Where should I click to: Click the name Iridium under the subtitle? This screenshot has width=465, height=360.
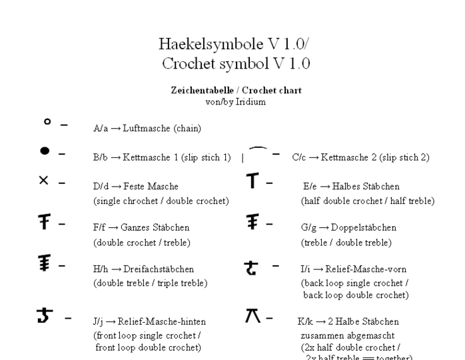tap(249, 102)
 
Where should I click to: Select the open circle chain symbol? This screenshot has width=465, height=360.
tap(47, 122)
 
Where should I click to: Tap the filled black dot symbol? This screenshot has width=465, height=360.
tap(45, 152)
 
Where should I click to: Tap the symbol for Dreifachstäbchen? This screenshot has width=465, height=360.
tap(44, 265)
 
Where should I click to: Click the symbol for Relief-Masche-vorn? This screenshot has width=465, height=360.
tap(252, 267)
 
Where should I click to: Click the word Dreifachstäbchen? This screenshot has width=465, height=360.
tap(158, 269)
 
